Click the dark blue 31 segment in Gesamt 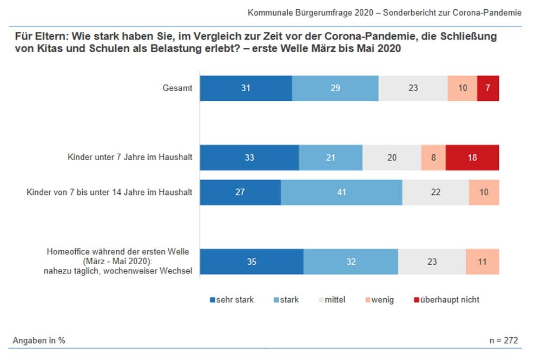click(x=246, y=88)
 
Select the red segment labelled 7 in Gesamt click(x=488, y=88)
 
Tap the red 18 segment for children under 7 click(x=472, y=158)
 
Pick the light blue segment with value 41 click(x=341, y=192)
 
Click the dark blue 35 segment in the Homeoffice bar click(x=252, y=262)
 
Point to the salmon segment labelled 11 click(x=482, y=262)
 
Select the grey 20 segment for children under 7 click(x=392, y=158)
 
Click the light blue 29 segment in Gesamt click(x=335, y=88)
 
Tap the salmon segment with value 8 click(x=433, y=158)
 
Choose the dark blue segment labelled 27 click(x=240, y=192)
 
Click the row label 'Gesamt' click(x=177, y=88)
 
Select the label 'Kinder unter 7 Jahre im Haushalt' click(x=130, y=158)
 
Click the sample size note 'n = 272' click(x=503, y=341)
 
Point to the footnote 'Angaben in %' click(x=39, y=341)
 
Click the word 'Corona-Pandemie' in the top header click(x=491, y=12)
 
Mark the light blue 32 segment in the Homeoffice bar click(x=351, y=262)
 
